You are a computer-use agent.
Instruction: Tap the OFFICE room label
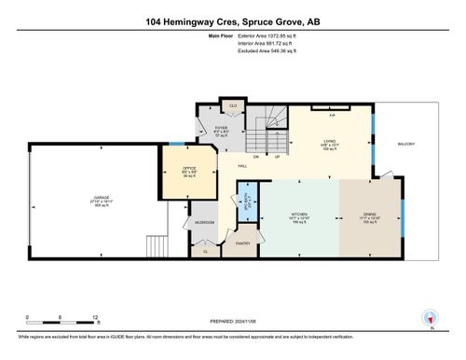tap(188, 168)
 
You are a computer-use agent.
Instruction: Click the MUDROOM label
tap(205, 223)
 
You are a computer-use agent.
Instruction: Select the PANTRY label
tap(244, 242)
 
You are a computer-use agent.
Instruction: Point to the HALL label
tap(241, 165)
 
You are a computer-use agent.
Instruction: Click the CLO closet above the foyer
tap(232, 105)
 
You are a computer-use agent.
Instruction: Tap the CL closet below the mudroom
tap(204, 250)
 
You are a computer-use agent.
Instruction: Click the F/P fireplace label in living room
tap(332, 116)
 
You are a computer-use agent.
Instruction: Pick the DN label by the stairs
tap(256, 157)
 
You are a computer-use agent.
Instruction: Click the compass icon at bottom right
tap(430, 318)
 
